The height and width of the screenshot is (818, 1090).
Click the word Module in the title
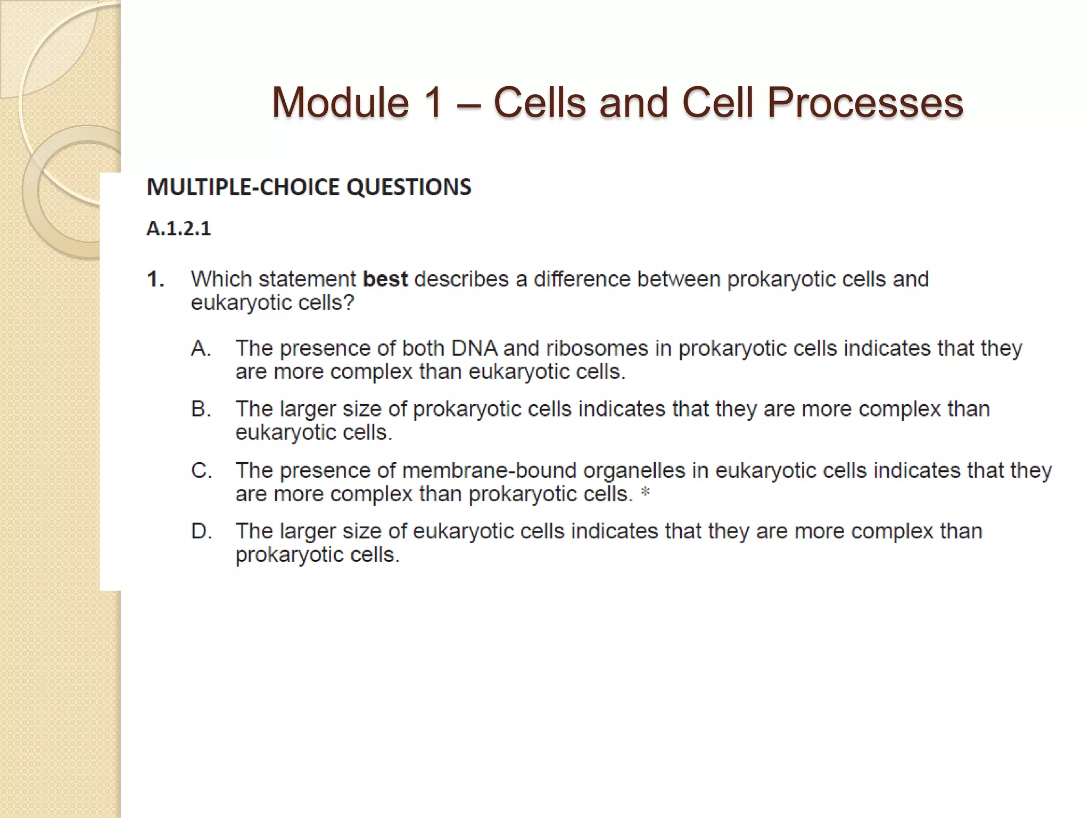click(x=340, y=102)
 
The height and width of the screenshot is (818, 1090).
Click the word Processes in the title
click(x=865, y=102)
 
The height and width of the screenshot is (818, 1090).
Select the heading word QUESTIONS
click(x=409, y=187)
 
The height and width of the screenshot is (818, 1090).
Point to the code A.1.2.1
click(x=179, y=228)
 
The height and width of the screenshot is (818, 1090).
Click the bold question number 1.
click(x=155, y=280)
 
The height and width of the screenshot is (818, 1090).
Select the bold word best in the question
click(x=385, y=279)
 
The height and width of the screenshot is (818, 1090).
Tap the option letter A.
click(x=201, y=348)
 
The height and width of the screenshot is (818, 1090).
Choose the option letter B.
click(x=201, y=409)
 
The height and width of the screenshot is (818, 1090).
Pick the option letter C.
click(x=201, y=471)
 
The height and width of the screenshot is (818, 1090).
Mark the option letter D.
click(x=201, y=531)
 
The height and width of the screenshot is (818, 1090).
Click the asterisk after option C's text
click(x=645, y=493)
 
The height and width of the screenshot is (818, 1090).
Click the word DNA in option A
click(x=474, y=348)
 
